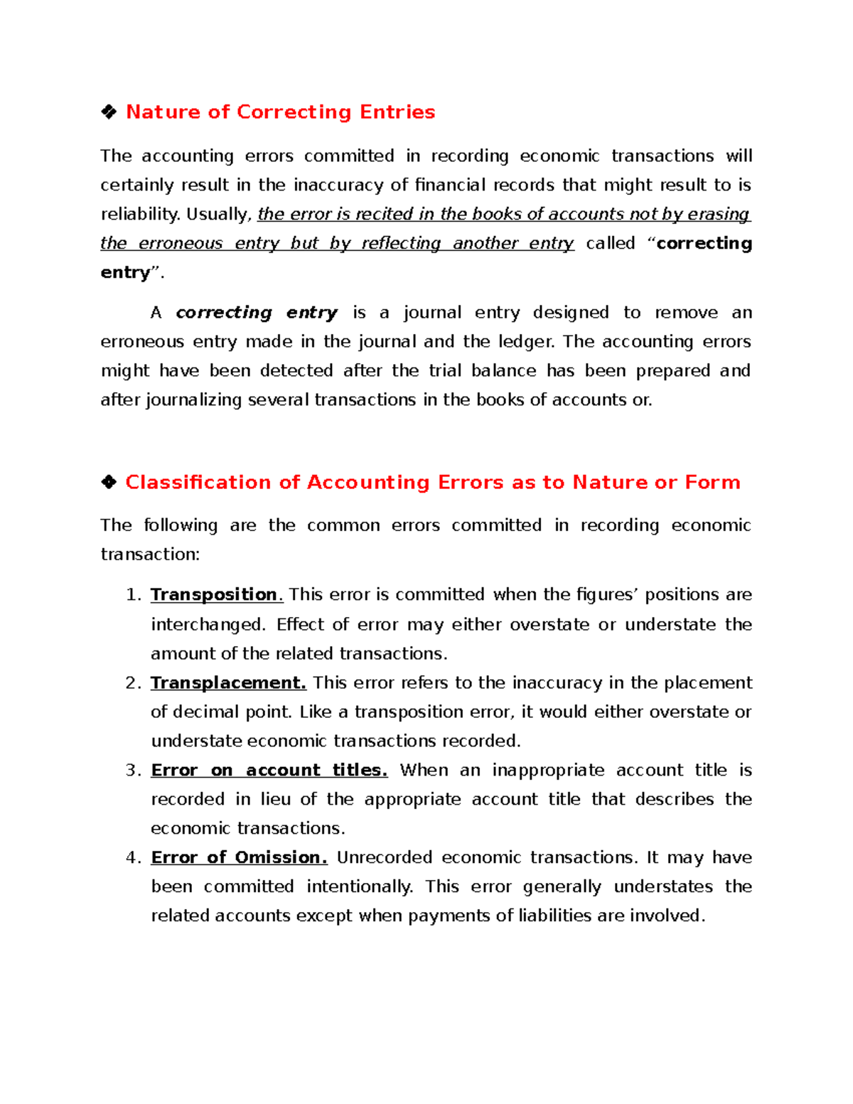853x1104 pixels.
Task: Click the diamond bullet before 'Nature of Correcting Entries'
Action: pyautogui.click(x=109, y=112)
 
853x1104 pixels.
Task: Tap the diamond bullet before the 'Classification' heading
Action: pyautogui.click(x=109, y=483)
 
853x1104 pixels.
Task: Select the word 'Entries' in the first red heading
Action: pyautogui.click(x=397, y=112)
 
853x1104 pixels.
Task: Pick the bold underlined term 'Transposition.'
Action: pyautogui.click(x=216, y=595)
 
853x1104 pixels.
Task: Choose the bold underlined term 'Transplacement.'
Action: pyautogui.click(x=228, y=683)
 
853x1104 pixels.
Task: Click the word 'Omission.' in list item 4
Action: pyautogui.click(x=281, y=858)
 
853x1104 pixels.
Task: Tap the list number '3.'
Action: pyautogui.click(x=134, y=771)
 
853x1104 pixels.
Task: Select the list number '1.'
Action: pyautogui.click(x=134, y=595)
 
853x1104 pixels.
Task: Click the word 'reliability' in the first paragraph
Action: pyautogui.click(x=139, y=215)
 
